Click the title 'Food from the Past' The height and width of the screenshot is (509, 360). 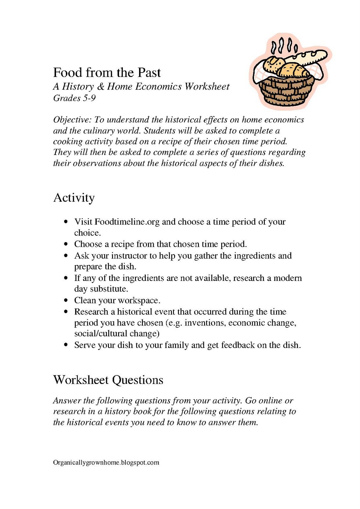pos(107,73)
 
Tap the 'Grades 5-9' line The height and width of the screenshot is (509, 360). pos(74,98)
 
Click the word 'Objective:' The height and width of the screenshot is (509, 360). pos(72,120)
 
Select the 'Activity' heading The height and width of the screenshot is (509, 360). pos(74,198)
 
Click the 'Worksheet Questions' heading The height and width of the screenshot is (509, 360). pos(108,380)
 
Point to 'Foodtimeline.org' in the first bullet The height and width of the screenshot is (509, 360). pos(127,222)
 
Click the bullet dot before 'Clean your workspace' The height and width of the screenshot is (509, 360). pos(66,300)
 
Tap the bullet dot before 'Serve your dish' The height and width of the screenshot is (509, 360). pos(66,345)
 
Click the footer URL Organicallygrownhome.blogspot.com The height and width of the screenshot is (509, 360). pos(106,463)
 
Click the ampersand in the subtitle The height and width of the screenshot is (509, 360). pos(100,87)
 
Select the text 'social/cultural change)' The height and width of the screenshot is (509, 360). pos(117,333)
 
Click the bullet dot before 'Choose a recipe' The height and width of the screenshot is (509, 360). pos(66,244)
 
